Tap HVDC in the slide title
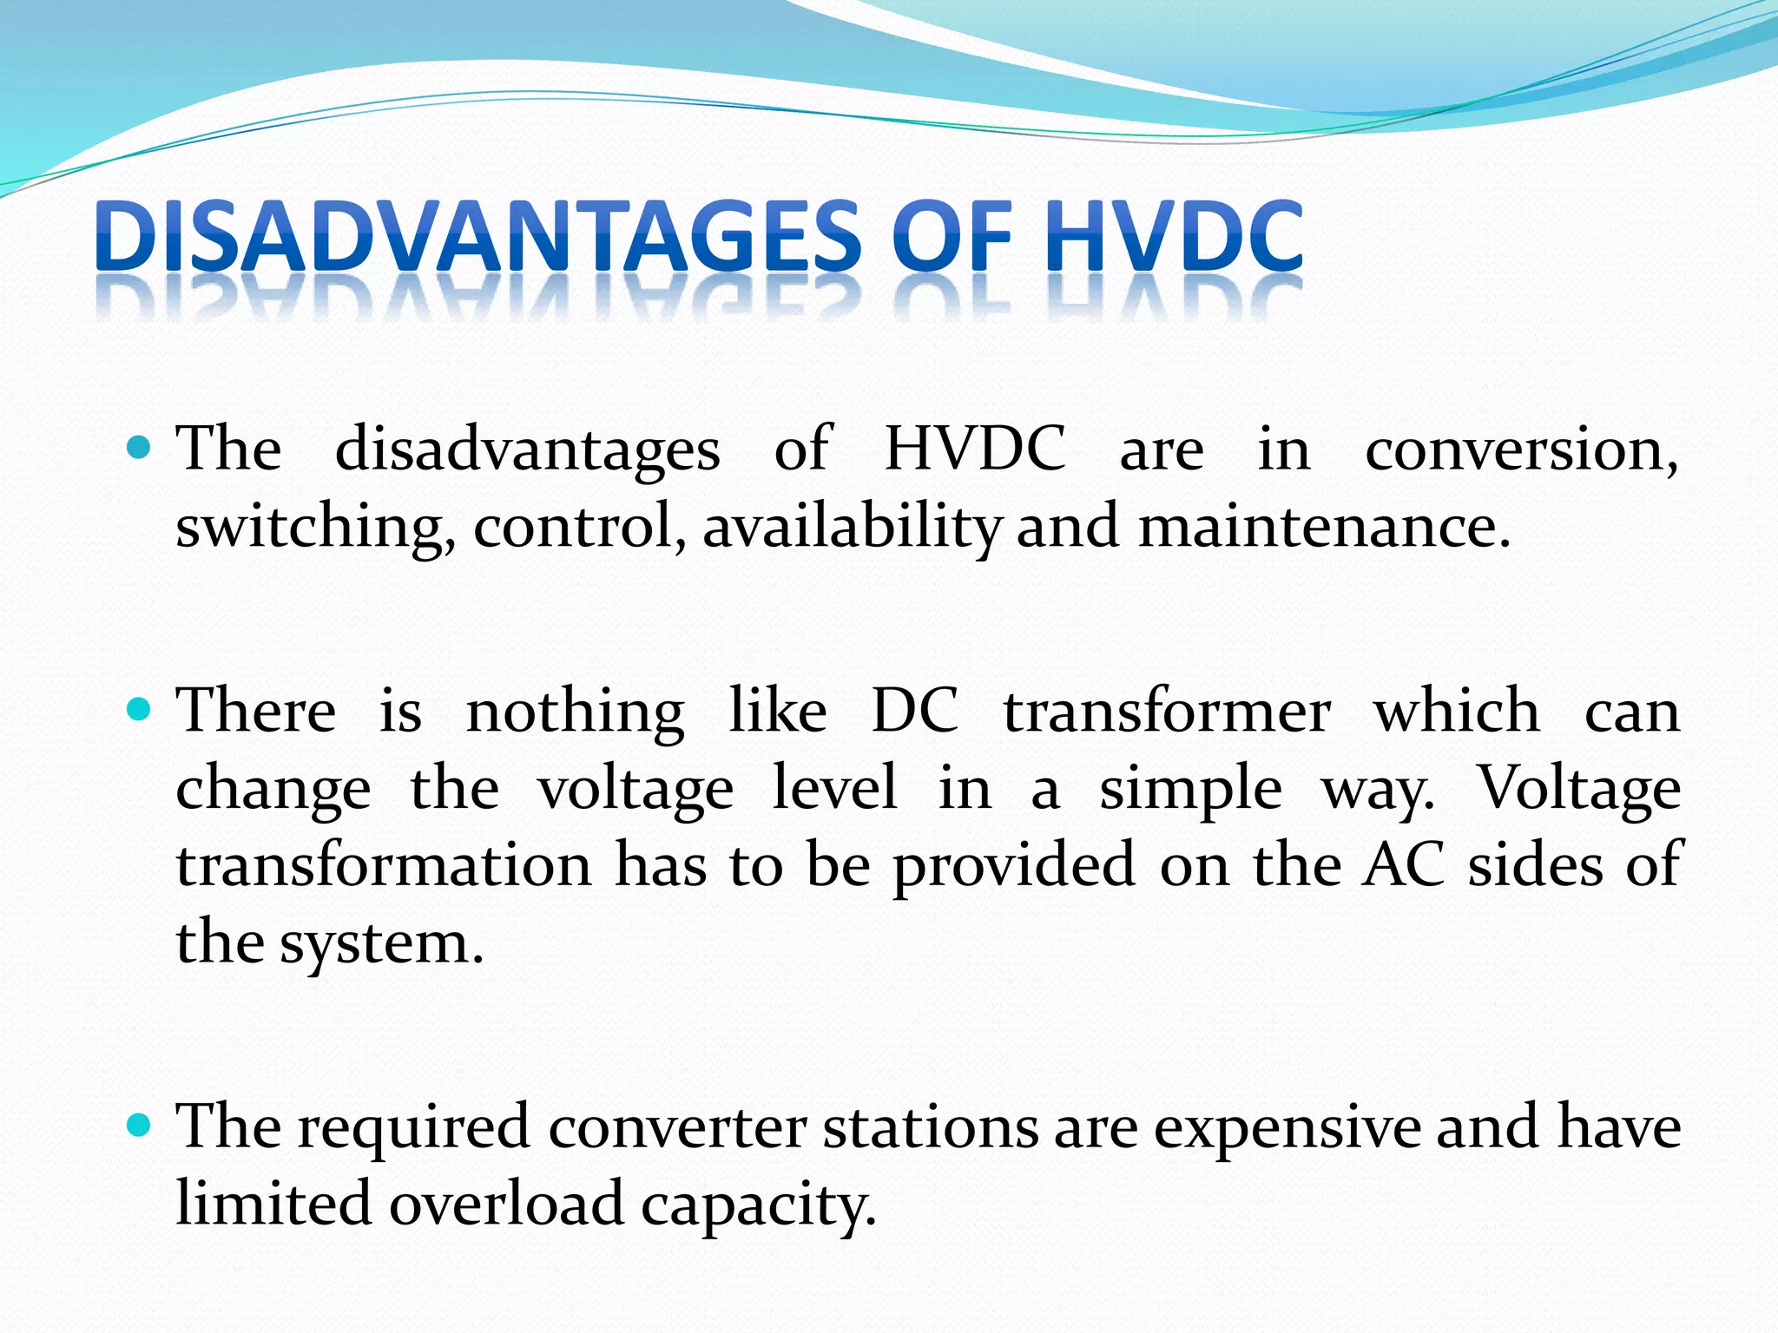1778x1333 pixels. tap(1174, 237)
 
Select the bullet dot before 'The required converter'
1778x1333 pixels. tap(139, 1126)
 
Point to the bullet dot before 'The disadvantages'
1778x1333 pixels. tap(139, 449)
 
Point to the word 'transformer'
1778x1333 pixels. tap(1167, 712)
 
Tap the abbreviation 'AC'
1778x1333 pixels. tap(1403, 865)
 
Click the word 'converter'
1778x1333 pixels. tap(676, 1128)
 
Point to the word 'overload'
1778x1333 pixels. tap(506, 1204)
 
